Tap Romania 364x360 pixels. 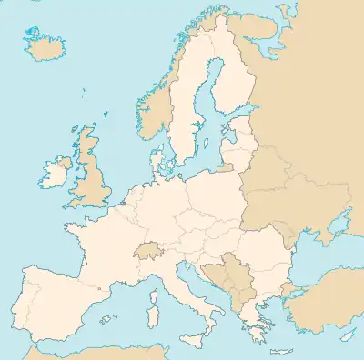tap(264, 250)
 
